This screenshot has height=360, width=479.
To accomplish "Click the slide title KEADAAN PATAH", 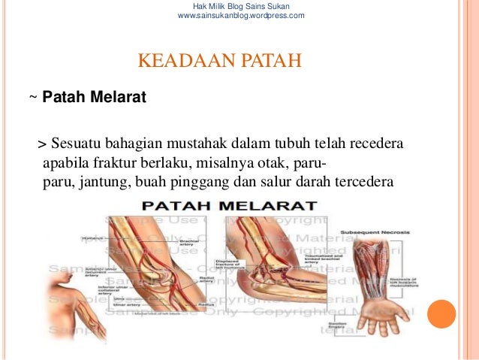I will [x=219, y=59].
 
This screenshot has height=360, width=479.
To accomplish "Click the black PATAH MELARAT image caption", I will [x=230, y=205].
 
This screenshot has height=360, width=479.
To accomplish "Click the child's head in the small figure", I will [x=61, y=271].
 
